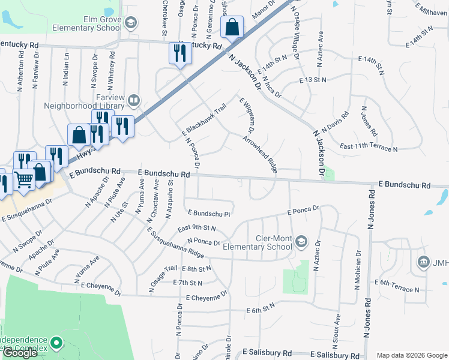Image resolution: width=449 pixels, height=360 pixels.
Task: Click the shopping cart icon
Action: coord(24,178)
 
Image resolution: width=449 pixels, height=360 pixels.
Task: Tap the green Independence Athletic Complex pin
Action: coord(56,344)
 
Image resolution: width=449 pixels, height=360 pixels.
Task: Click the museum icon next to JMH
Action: coord(424,262)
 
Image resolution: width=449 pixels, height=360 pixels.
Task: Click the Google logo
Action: coord(20,353)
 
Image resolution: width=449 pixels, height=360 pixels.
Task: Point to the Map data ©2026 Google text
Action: coord(412,355)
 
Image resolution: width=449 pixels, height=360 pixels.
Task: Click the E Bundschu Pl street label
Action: coord(209,213)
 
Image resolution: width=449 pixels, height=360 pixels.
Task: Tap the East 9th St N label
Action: coord(196,228)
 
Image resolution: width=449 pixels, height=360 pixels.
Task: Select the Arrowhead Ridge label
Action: coord(259,154)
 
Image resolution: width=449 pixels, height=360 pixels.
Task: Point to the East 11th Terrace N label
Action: coord(368,148)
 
